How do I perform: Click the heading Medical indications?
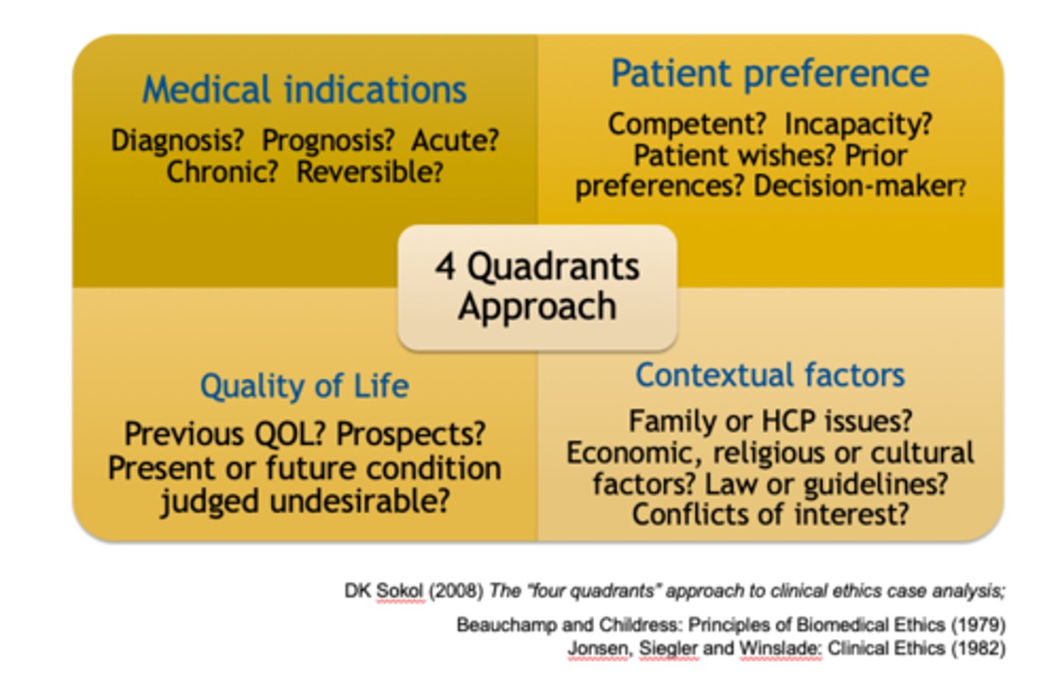tap(304, 90)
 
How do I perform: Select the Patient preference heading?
tap(769, 74)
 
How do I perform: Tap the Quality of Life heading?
tap(304, 386)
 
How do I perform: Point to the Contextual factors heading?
tap(769, 375)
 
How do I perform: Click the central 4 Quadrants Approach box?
tap(537, 287)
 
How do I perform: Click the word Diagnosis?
tap(177, 140)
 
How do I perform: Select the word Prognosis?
tap(328, 140)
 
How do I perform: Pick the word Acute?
tap(455, 140)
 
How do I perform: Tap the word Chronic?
tap(222, 172)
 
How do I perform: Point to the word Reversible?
tap(370, 172)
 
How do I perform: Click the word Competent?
tap(687, 124)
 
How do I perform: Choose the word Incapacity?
tap(858, 124)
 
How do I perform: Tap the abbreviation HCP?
tap(789, 421)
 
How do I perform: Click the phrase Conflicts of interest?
tap(770, 514)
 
